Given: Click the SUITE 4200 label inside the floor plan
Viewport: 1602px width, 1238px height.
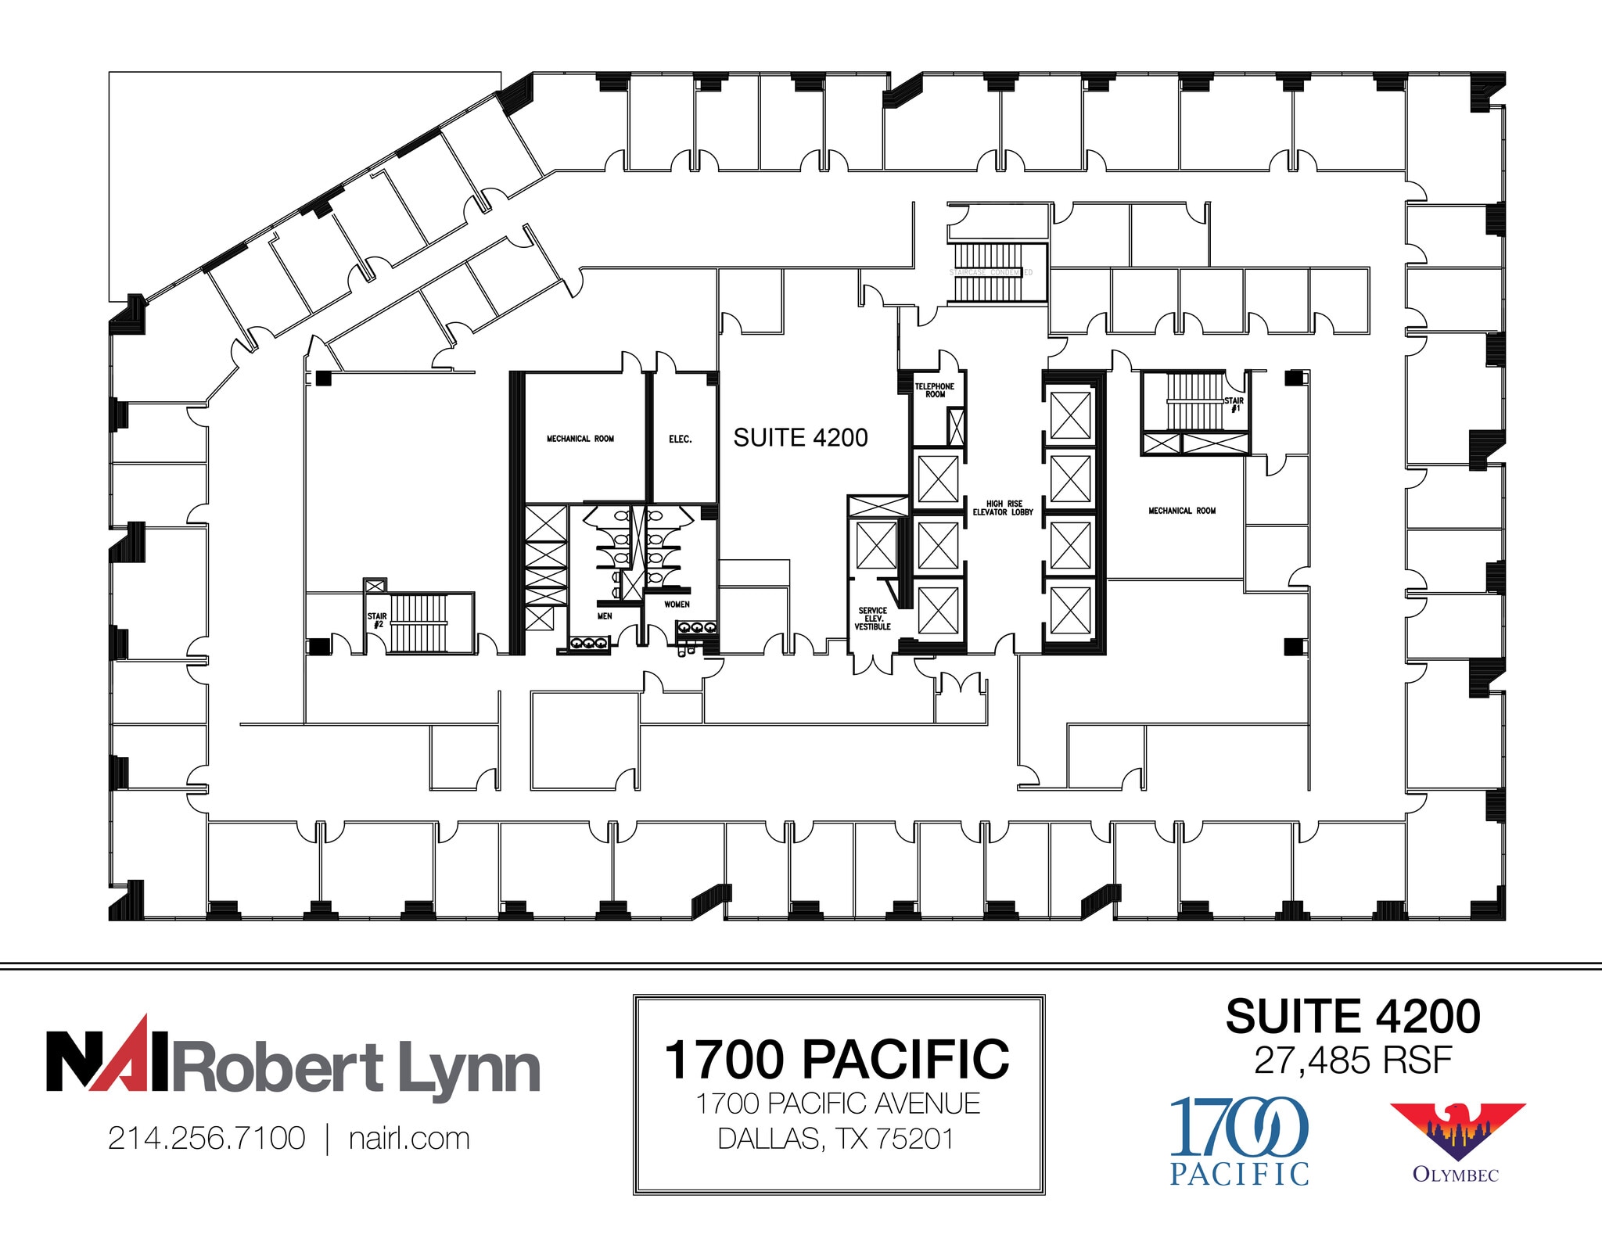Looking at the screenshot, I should point(800,438).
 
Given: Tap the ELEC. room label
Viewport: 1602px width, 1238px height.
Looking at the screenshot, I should point(680,440).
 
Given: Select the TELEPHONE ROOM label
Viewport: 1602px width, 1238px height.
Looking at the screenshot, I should point(935,390).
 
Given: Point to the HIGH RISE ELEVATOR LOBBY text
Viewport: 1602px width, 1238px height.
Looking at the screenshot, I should point(1003,508).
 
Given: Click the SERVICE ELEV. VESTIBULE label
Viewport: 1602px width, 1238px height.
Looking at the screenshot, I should point(872,619).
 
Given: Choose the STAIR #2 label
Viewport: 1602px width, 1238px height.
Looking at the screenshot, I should point(377,620).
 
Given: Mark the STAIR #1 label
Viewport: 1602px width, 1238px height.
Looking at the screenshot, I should point(1234,404).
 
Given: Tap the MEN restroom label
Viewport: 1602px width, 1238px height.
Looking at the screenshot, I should point(605,616).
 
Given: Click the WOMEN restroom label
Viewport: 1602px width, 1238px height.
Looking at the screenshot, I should point(677,605).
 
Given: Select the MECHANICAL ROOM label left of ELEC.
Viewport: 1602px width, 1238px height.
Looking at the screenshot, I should point(580,440).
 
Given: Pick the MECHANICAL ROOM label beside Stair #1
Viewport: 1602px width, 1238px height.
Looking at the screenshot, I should point(1182,511).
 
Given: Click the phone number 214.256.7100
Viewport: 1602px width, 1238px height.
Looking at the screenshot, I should point(207,1139).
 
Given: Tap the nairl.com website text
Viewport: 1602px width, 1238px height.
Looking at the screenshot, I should point(409,1139).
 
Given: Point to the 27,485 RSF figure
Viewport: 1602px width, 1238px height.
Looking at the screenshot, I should point(1352,1061).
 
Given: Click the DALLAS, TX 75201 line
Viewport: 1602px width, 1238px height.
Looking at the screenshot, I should point(836,1139).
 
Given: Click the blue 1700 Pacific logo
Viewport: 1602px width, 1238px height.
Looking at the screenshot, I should point(1239,1140).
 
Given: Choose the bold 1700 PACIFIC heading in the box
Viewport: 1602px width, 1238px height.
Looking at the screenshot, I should point(836,1060).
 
